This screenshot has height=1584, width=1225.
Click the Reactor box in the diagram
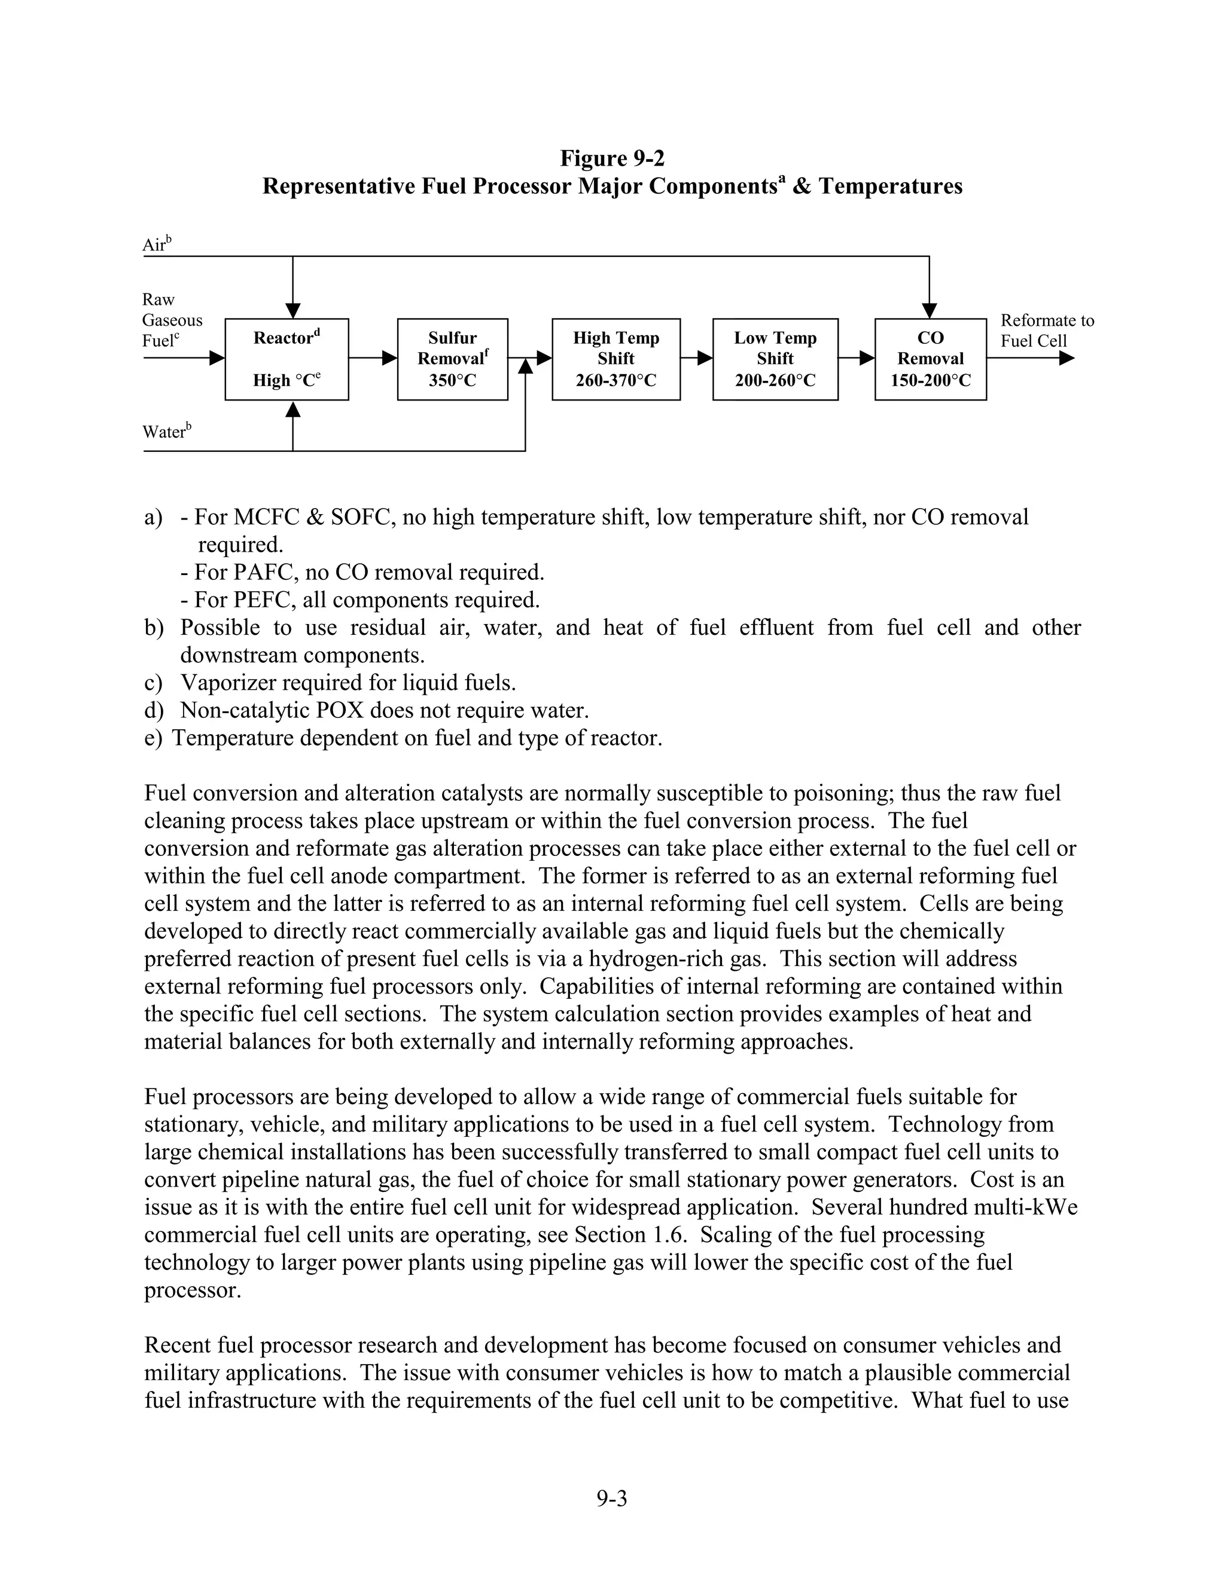click(x=287, y=359)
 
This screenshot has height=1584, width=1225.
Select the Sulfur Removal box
click(x=452, y=359)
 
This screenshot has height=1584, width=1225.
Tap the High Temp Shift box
click(x=615, y=359)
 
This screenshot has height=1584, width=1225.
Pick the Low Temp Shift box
click(x=775, y=359)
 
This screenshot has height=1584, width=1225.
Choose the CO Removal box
click(x=930, y=359)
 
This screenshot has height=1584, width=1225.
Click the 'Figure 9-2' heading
click(x=612, y=158)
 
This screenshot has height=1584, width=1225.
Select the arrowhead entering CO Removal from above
click(x=929, y=310)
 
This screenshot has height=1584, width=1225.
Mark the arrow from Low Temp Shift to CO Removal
click(x=857, y=357)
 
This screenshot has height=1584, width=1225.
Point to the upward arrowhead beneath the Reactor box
click(x=292, y=411)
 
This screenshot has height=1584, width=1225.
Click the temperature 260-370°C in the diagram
click(x=615, y=381)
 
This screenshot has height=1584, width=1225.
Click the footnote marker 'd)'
click(x=153, y=710)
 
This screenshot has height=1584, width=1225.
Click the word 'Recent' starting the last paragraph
click(x=178, y=1345)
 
